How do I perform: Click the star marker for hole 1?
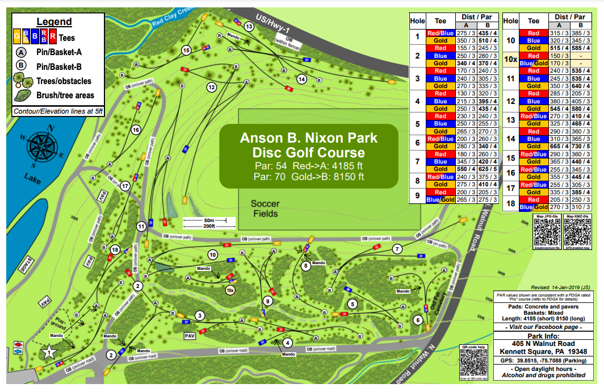[x=49, y=352]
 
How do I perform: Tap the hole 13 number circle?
[x=249, y=27]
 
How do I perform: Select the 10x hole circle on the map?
[x=230, y=290]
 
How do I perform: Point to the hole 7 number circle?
[x=397, y=249]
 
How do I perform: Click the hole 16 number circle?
[x=136, y=130]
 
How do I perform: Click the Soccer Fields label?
[x=265, y=208]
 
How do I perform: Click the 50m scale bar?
[x=204, y=220]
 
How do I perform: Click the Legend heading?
[x=54, y=22]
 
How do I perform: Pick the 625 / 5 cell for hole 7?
[x=489, y=169]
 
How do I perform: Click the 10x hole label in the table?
[x=510, y=59]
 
